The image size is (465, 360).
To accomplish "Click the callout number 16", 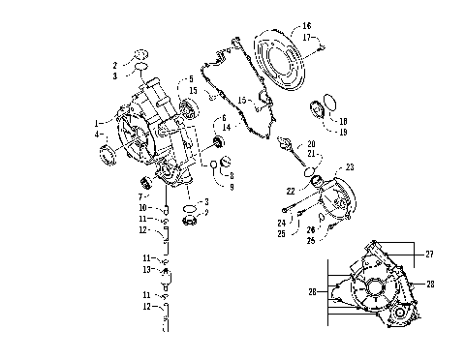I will (x=307, y=25).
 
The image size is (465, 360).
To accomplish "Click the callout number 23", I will (x=350, y=168).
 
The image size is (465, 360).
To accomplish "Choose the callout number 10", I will (x=142, y=208).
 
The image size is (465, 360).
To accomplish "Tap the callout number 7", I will (x=142, y=196).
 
